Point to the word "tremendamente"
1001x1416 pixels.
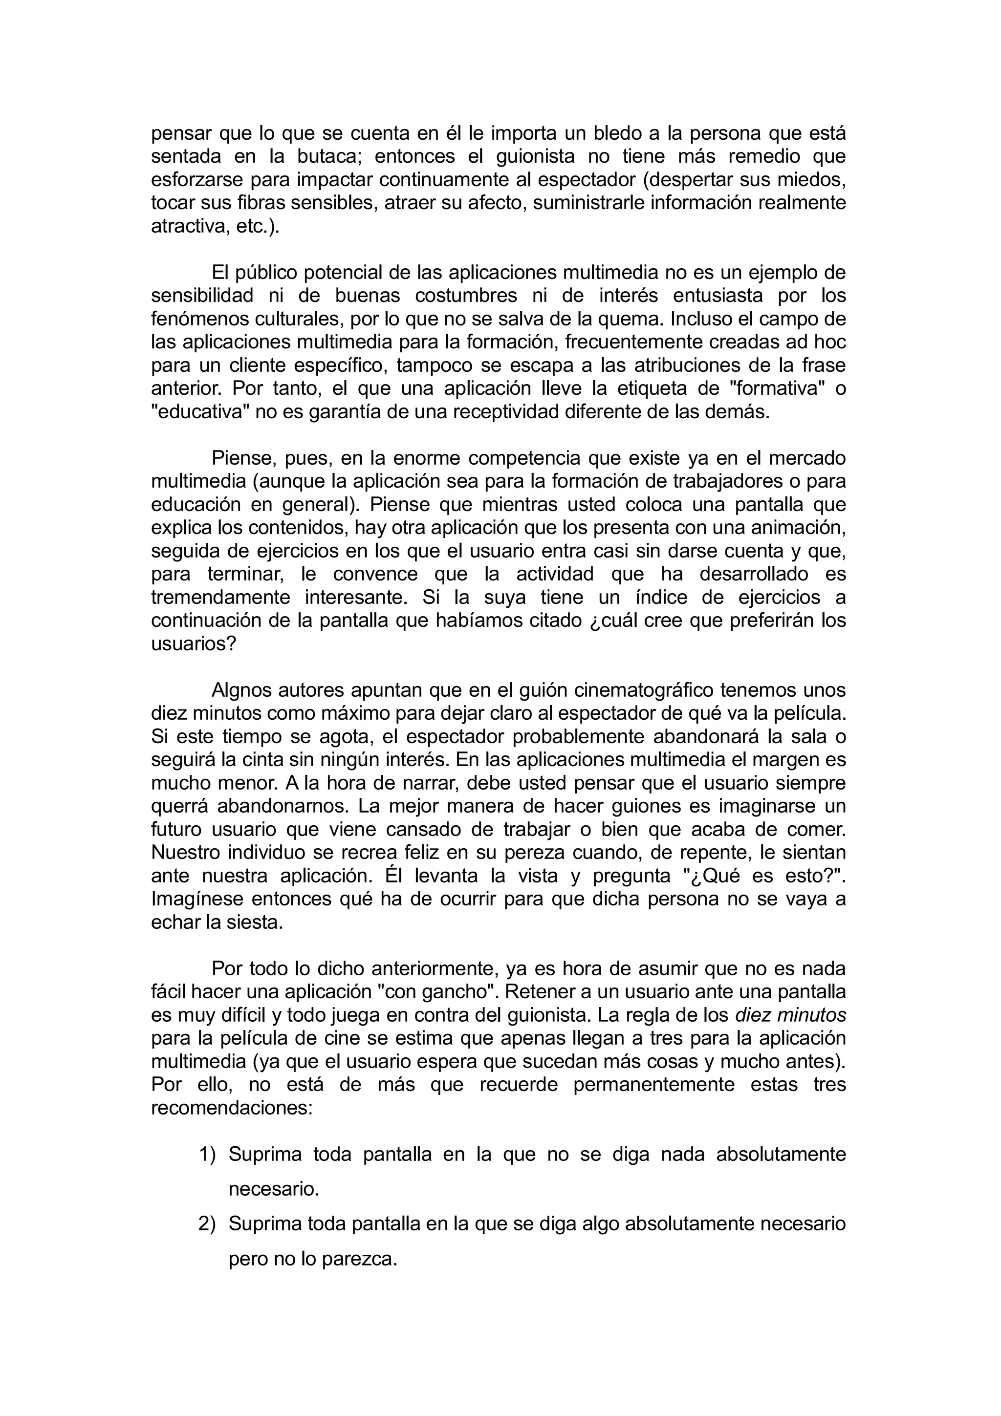tap(221, 598)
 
